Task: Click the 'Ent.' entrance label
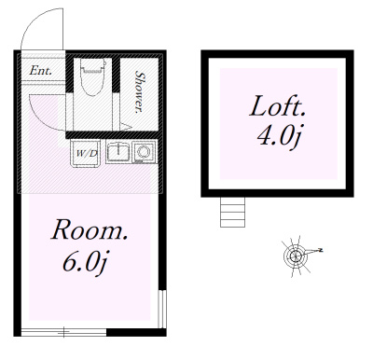pos(40,71)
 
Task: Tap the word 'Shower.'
pos(140,92)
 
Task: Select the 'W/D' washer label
pos(87,153)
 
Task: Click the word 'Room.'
pos(90,230)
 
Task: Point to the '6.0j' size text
pos(86,262)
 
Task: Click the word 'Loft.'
pos(277,106)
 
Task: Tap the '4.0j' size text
pos(279,135)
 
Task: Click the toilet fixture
pos(92,76)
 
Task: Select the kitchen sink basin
pos(118,151)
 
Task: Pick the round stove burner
pos(144,152)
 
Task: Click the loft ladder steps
pos(232,212)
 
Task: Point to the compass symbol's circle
pos(295,256)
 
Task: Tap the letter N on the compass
pos(320,250)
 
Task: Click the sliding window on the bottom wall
pos(64,332)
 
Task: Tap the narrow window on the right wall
pos(161,309)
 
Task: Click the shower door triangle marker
pos(126,127)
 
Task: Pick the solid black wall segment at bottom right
pos(136,332)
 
